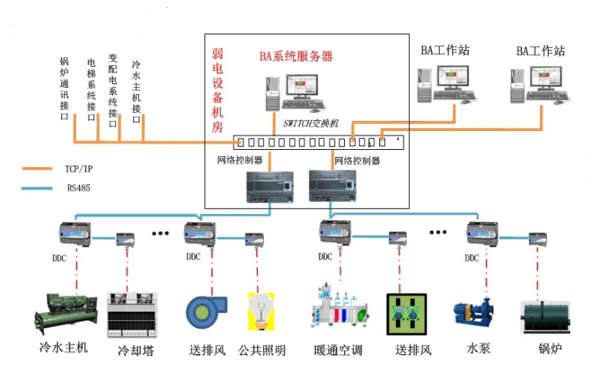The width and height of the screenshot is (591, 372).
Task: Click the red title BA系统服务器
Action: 296,57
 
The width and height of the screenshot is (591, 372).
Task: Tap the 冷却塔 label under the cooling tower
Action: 136,350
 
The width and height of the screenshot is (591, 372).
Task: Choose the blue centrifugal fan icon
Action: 206,313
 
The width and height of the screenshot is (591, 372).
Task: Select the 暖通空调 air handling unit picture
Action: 339,313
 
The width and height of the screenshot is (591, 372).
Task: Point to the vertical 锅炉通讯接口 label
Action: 64,87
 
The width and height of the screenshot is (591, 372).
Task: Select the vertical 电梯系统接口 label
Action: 92,87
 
